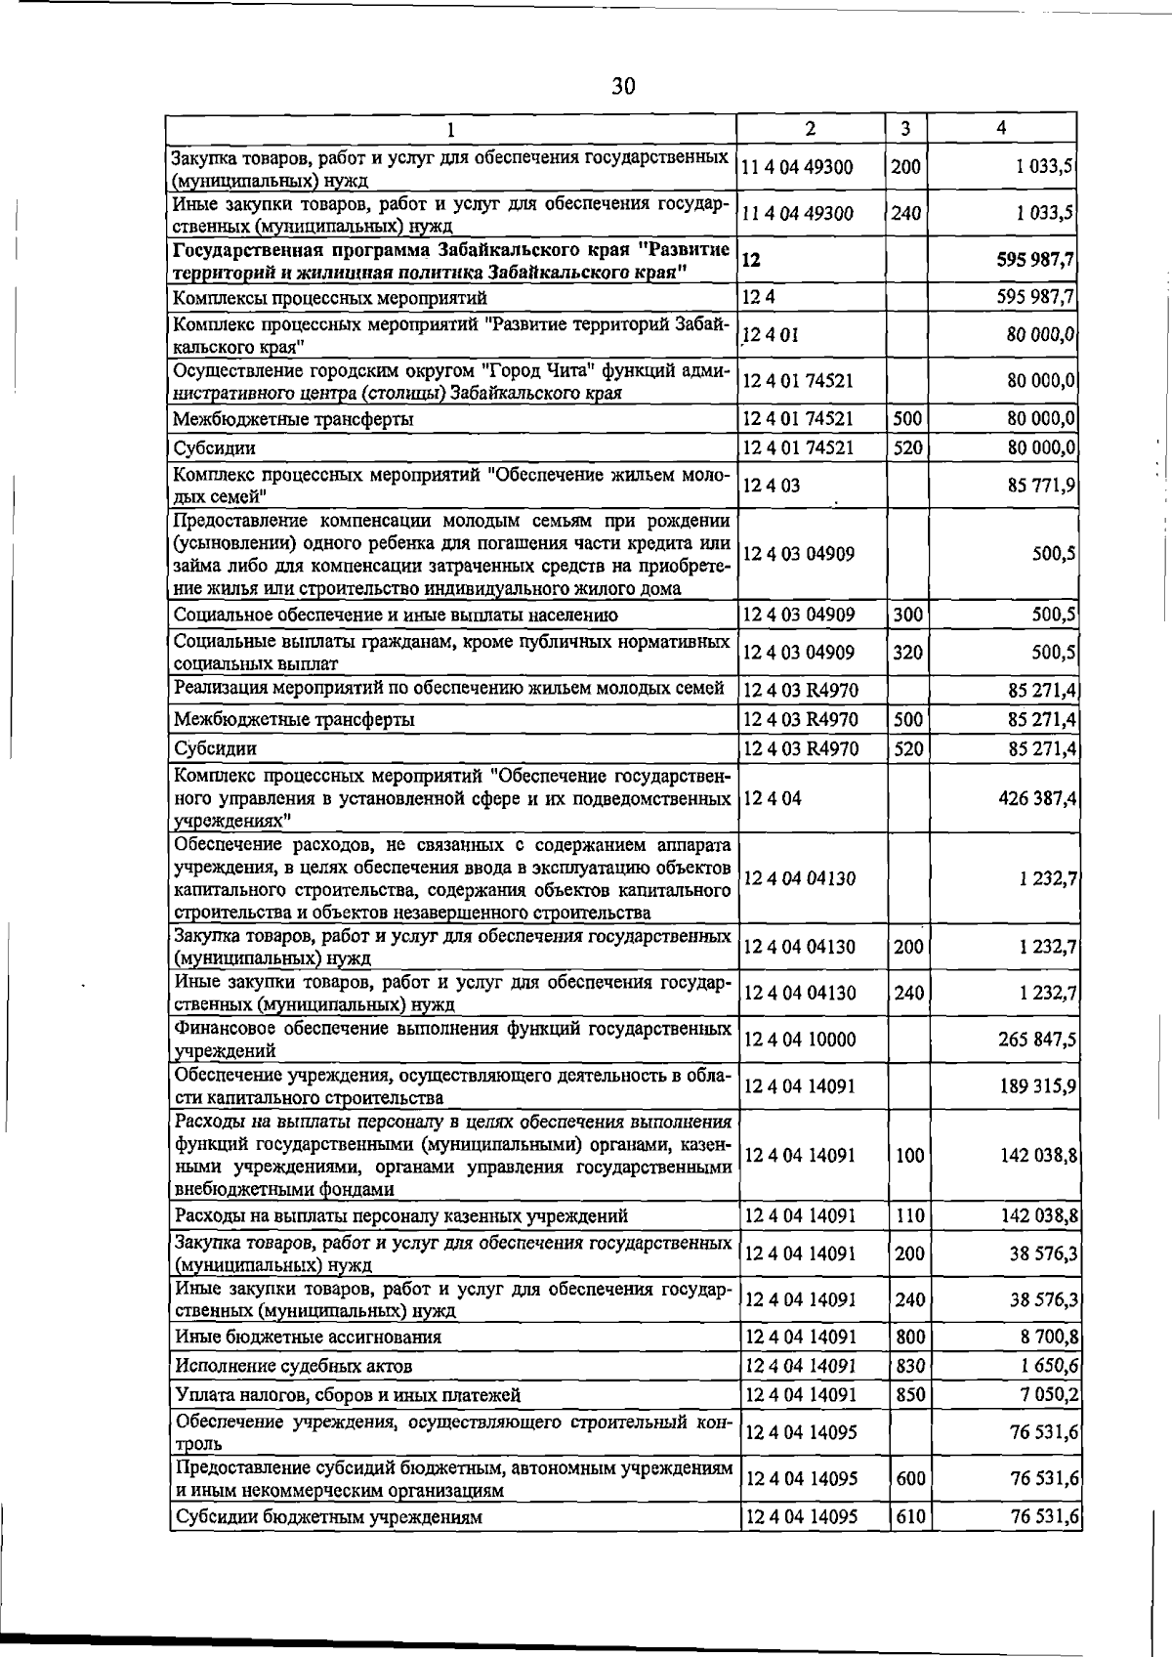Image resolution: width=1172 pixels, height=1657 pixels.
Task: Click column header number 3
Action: [x=906, y=128]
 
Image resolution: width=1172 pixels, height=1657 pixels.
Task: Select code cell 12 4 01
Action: [x=772, y=335]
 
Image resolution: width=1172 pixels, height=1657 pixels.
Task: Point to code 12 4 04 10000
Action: [x=800, y=1040]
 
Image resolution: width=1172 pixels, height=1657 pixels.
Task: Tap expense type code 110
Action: [x=908, y=1216]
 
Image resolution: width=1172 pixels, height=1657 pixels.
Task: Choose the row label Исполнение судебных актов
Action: [x=293, y=1366]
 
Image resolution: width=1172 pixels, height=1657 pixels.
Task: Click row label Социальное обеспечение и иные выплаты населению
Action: [x=396, y=616]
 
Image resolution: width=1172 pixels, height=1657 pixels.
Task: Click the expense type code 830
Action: [x=909, y=1366]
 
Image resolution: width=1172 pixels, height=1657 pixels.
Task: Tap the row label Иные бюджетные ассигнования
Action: [x=308, y=1337]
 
